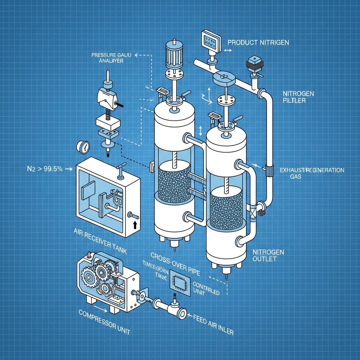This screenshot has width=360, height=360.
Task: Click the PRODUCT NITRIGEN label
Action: [x=258, y=43]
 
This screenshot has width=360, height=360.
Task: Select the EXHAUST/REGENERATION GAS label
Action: [x=311, y=173]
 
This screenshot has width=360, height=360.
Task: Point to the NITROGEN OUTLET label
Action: [x=268, y=256]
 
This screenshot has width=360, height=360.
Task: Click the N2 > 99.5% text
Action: [x=45, y=169]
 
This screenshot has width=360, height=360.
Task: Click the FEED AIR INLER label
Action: [x=213, y=324]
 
